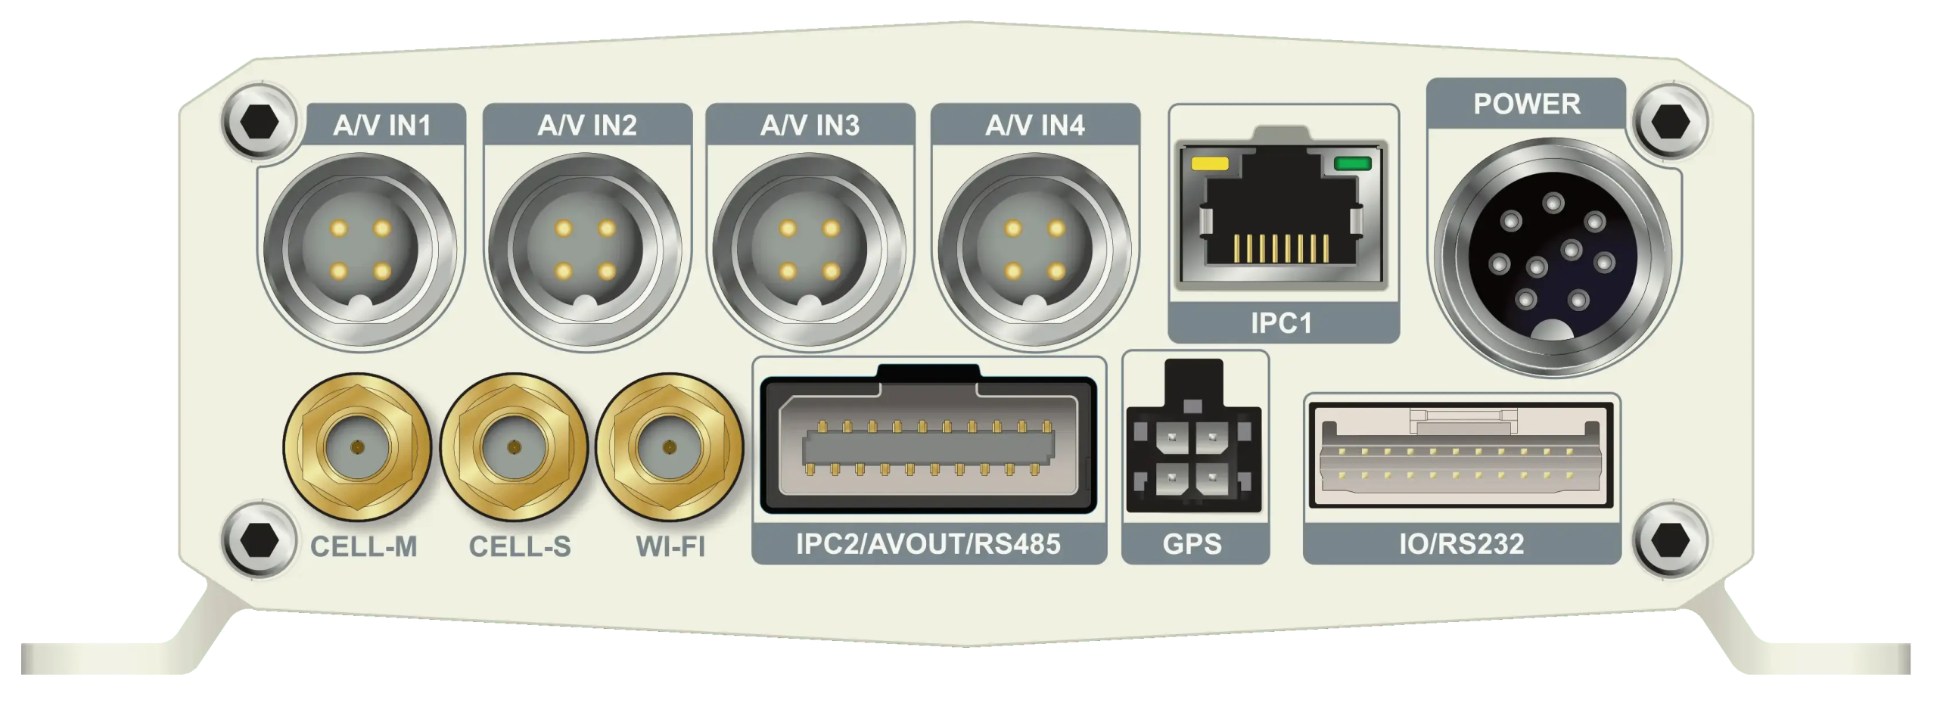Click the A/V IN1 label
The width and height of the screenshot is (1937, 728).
pyautogui.click(x=382, y=125)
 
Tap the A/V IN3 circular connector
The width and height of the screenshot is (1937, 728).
pyautogui.click(x=809, y=249)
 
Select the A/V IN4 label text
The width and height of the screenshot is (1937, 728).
pyautogui.click(x=1034, y=125)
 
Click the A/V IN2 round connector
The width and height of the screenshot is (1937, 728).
pyautogui.click(x=586, y=249)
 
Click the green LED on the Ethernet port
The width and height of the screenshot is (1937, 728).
pyautogui.click(x=1352, y=163)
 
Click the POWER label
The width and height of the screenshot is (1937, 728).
pyautogui.click(x=1526, y=104)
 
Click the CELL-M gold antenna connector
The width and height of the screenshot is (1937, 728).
pyautogui.click(x=357, y=449)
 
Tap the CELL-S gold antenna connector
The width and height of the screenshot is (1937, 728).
pyautogui.click(x=514, y=449)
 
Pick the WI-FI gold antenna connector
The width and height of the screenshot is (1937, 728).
pyautogui.click(x=670, y=449)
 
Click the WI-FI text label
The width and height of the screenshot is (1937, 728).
pyautogui.click(x=670, y=546)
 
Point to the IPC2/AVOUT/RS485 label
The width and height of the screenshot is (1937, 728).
pyautogui.click(x=928, y=543)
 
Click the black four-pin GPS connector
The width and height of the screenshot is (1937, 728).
pyautogui.click(x=1192, y=457)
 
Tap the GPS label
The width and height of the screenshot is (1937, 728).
pyautogui.click(x=1192, y=544)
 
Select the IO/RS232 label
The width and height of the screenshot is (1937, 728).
pyautogui.click(x=1461, y=544)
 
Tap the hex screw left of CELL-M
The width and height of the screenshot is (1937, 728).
pyautogui.click(x=257, y=540)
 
